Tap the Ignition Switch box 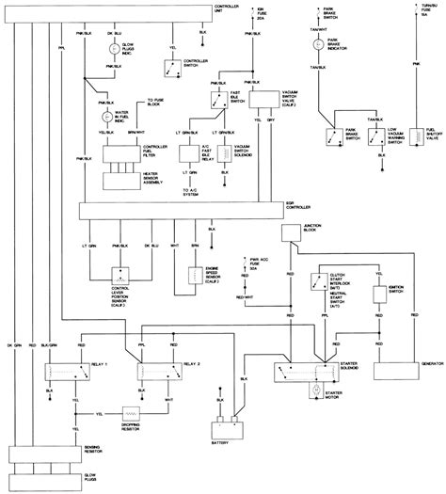381,294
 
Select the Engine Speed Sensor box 197,275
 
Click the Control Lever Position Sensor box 124,275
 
